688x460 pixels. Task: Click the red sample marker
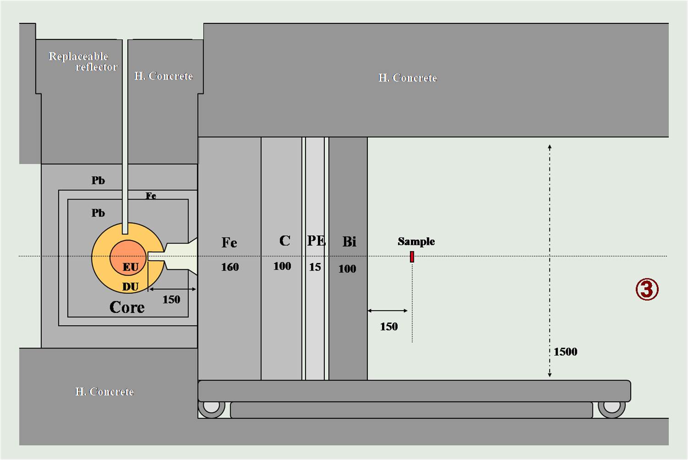click(412, 257)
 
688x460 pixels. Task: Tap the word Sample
click(416, 241)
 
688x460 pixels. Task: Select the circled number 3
click(647, 289)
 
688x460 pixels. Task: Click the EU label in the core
click(131, 267)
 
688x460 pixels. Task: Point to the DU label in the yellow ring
click(131, 287)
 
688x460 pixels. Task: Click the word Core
click(127, 307)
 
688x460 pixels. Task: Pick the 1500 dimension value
click(566, 352)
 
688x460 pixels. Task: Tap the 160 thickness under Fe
click(230, 267)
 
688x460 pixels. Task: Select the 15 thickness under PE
click(315, 267)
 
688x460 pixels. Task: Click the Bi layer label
click(349, 242)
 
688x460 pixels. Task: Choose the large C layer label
click(285, 240)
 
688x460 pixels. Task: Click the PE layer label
click(316, 241)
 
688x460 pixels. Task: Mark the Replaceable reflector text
click(83, 61)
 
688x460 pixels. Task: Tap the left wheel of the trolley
click(211, 409)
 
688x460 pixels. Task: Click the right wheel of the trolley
click(611, 409)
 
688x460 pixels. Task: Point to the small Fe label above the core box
click(151, 196)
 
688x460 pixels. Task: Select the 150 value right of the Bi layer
click(389, 327)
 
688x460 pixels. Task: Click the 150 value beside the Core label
click(172, 299)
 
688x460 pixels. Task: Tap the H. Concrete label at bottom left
click(105, 392)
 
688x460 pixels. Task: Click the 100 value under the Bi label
click(347, 269)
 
